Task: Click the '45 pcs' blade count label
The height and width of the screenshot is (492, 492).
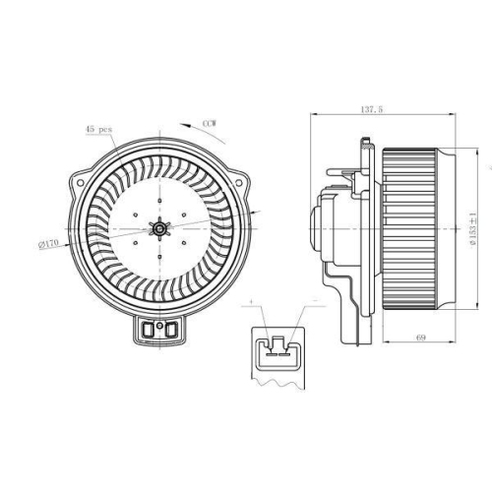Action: (97, 129)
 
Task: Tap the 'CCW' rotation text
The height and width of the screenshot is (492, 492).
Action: (209, 123)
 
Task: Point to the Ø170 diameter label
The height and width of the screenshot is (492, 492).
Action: (48, 242)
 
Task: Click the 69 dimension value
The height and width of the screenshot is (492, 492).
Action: (419, 338)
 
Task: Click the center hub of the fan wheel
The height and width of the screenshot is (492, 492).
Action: (156, 229)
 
